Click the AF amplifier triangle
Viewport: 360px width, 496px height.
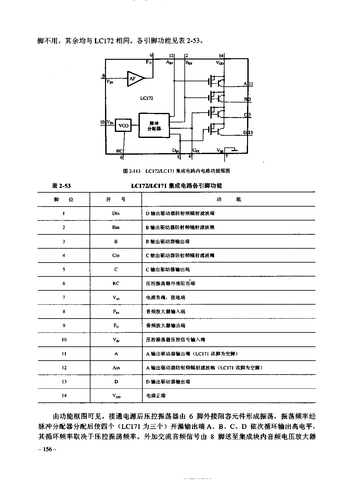(134, 78)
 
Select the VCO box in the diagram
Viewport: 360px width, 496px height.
(123, 126)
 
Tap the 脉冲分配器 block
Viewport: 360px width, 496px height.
(154, 126)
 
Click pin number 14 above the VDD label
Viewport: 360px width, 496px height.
(221, 56)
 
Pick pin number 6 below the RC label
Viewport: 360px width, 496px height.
(121, 157)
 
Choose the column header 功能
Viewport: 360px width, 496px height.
(229, 199)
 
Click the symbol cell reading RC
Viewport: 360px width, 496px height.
(116, 283)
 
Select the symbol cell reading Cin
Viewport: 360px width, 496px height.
(116, 255)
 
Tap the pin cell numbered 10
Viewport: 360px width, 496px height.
(64, 339)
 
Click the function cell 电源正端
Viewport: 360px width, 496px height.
(156, 395)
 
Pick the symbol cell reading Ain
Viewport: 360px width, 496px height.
(116, 368)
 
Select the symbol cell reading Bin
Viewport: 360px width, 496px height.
(116, 227)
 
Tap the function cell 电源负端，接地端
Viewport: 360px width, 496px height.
(165, 297)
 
